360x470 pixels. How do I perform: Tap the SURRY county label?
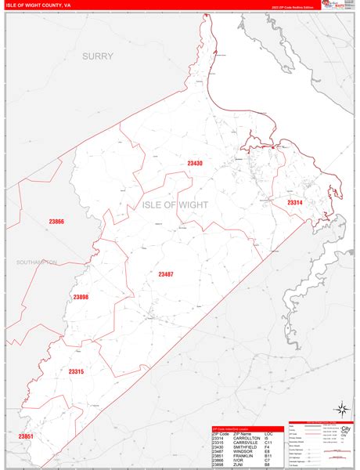tap(98, 56)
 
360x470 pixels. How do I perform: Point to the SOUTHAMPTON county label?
tap(36, 262)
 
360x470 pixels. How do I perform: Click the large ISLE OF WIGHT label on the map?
tap(176, 204)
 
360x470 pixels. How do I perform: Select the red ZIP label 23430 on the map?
tap(195, 163)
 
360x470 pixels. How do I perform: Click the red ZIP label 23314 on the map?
tap(294, 203)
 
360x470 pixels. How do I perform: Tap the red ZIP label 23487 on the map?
tap(166, 274)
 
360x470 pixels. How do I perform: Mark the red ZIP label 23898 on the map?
tap(81, 297)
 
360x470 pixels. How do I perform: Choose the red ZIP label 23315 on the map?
tap(76, 371)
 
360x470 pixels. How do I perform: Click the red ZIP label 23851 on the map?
tap(27, 436)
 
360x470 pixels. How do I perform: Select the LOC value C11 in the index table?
tap(268, 442)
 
